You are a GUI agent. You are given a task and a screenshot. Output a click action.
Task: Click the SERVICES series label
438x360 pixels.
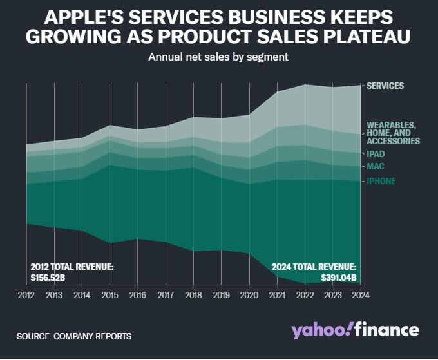pyautogui.click(x=385, y=86)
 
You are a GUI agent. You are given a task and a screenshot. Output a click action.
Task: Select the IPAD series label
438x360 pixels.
pyautogui.click(x=376, y=154)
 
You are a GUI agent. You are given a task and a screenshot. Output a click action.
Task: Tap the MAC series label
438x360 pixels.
pyautogui.click(x=376, y=166)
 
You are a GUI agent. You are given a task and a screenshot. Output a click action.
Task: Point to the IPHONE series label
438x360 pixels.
pyautogui.click(x=381, y=181)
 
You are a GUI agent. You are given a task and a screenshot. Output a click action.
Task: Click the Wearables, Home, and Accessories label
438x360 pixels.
pyautogui.click(x=393, y=133)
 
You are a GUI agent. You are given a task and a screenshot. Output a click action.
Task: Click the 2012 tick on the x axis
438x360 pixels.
pyautogui.click(x=26, y=295)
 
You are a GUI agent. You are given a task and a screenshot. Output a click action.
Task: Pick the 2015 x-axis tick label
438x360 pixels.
pyautogui.click(x=110, y=295)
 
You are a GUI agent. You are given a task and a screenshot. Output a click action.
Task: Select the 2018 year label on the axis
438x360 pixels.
pyautogui.click(x=194, y=295)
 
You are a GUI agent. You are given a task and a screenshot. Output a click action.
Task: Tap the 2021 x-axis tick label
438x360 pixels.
pyautogui.click(x=278, y=295)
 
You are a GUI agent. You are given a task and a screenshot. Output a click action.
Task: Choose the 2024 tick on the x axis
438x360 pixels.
pyautogui.click(x=361, y=295)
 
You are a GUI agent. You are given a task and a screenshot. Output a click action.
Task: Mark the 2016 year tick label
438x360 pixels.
pyautogui.click(x=138, y=295)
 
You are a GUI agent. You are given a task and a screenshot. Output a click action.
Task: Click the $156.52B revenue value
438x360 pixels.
pyautogui.click(x=48, y=278)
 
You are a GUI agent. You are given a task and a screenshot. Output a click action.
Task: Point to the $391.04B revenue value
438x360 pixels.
pyautogui.click(x=339, y=278)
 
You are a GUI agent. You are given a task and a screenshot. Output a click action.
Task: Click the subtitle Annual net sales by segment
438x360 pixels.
pyautogui.click(x=218, y=57)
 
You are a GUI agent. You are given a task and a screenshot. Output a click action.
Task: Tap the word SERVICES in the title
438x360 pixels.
pyautogui.click(x=205, y=17)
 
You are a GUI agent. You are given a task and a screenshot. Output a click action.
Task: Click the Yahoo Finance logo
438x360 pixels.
pyautogui.click(x=355, y=330)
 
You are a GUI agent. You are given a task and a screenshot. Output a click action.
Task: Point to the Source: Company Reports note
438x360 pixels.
pyautogui.click(x=74, y=336)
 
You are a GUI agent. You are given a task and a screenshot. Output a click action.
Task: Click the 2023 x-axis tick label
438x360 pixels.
pyautogui.click(x=333, y=295)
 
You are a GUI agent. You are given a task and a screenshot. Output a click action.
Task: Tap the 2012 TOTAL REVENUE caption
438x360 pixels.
pyautogui.click(x=72, y=266)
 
